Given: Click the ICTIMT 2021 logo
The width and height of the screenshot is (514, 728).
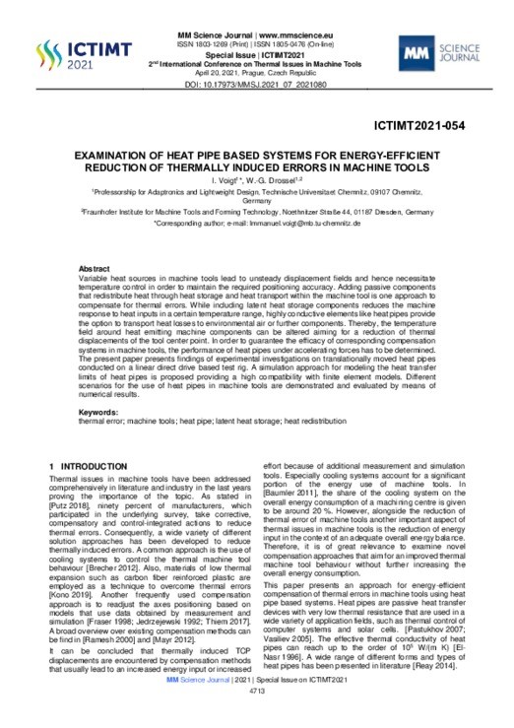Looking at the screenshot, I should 70,52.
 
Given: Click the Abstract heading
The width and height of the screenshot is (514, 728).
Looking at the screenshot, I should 95,268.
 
